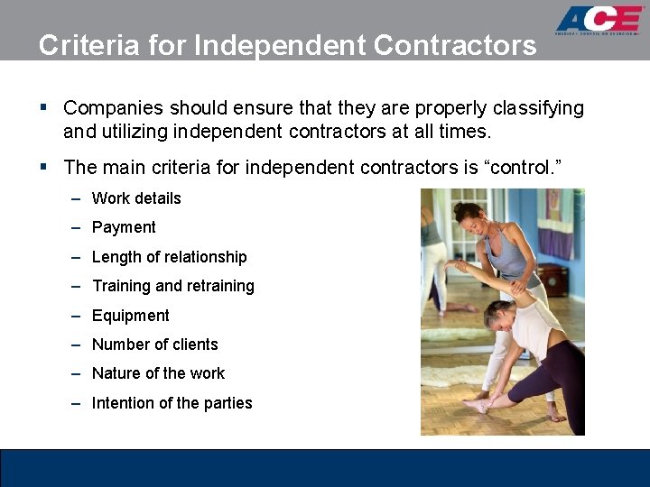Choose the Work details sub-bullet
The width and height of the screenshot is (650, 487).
coord(136,198)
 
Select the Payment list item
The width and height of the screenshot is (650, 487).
coord(124,227)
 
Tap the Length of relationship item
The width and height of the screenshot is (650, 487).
coord(169,257)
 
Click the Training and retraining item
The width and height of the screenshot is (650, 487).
coord(172,286)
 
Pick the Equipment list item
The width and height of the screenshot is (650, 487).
coord(131,316)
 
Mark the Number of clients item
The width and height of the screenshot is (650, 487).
coord(154,345)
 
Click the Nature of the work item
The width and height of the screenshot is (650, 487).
coord(158,373)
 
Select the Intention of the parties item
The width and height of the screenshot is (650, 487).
coord(172,403)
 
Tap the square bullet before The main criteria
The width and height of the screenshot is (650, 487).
coord(43,168)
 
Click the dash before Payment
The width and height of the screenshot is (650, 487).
coord(79,228)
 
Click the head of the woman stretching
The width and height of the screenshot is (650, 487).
coord(499,313)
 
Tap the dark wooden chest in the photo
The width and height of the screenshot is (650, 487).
coord(552,280)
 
